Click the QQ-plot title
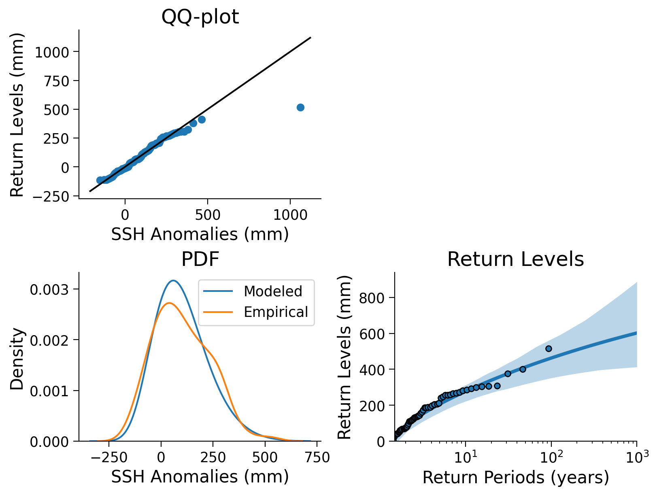pyautogui.click(x=200, y=17)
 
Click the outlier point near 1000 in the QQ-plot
pyautogui.click(x=300, y=107)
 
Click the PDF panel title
pyautogui.click(x=200, y=259)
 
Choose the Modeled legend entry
pyautogui.click(x=273, y=291)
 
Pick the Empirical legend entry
pyautogui.click(x=276, y=312)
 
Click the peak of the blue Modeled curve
pyautogui.click(x=173, y=280)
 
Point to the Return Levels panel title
pyautogui.click(x=515, y=259)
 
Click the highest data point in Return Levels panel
pyautogui.click(x=549, y=348)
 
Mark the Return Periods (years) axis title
pyautogui.click(x=515, y=478)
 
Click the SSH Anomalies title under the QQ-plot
pyautogui.click(x=200, y=234)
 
